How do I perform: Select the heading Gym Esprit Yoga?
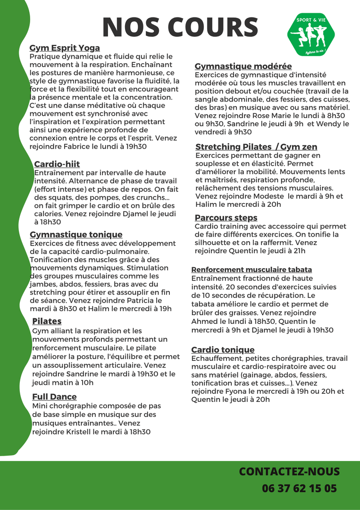65,48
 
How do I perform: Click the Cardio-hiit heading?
57,164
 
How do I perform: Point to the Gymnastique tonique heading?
76,235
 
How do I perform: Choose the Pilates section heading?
47,322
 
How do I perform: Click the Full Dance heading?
54,397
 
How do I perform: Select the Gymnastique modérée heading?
243,67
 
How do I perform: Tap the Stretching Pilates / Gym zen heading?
256,147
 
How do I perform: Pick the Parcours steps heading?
226,218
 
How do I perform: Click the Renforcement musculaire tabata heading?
251,270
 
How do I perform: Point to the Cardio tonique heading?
223,350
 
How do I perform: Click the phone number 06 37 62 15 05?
300,488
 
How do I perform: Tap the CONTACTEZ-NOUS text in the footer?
289,472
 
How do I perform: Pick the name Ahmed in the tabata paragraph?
202,322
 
